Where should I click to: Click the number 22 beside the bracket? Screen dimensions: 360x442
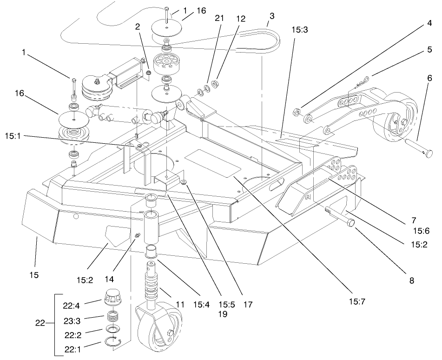(x=41, y=322)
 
